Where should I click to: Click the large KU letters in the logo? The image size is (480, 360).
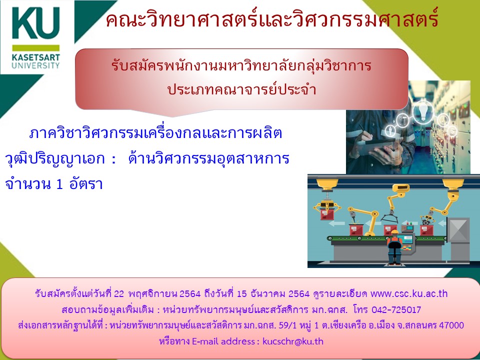(35, 23)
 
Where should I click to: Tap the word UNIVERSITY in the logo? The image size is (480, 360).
(36, 65)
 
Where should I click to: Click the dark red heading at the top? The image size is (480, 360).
(272, 19)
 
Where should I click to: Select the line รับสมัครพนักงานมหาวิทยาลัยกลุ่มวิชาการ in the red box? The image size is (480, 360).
(241, 66)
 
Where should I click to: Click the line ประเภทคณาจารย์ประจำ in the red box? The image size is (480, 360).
(242, 89)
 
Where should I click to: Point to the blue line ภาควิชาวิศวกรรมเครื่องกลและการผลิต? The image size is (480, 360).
(155, 133)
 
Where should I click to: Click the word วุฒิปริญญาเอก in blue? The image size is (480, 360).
(55, 159)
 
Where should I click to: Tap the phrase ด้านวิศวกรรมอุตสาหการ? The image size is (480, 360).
(209, 158)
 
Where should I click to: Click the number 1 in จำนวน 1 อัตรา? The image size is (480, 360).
(59, 184)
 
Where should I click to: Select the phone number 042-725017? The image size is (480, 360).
(396, 310)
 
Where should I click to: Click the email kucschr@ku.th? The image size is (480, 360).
(293, 341)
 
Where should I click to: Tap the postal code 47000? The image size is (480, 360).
(451, 325)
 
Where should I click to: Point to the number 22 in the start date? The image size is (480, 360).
(119, 294)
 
